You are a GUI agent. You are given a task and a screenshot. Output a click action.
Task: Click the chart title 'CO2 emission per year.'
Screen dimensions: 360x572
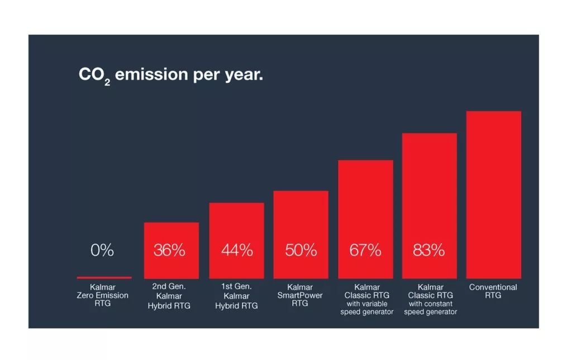click(x=170, y=76)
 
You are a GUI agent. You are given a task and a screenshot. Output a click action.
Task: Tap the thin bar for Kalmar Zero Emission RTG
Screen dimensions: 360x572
click(x=104, y=277)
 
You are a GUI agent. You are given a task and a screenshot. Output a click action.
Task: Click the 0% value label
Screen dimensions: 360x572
click(x=102, y=251)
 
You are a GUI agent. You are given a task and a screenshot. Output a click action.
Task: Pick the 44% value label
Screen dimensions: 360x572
click(x=237, y=251)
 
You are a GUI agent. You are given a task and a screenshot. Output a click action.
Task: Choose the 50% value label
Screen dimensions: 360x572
click(x=301, y=251)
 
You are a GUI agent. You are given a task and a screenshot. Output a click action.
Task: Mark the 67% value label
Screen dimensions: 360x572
click(x=366, y=251)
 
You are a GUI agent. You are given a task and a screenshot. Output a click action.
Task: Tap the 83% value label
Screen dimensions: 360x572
click(x=429, y=251)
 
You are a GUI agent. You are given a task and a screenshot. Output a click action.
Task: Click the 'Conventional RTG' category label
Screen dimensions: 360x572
click(x=493, y=291)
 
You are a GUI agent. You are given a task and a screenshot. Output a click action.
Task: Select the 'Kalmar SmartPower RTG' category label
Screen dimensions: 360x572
click(x=300, y=295)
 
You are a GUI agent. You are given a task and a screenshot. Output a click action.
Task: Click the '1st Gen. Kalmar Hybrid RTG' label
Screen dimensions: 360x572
click(x=236, y=296)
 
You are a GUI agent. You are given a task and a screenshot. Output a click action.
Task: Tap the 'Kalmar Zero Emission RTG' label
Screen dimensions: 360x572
click(x=103, y=295)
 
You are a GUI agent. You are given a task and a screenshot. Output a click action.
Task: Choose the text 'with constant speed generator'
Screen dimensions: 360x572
click(x=429, y=308)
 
